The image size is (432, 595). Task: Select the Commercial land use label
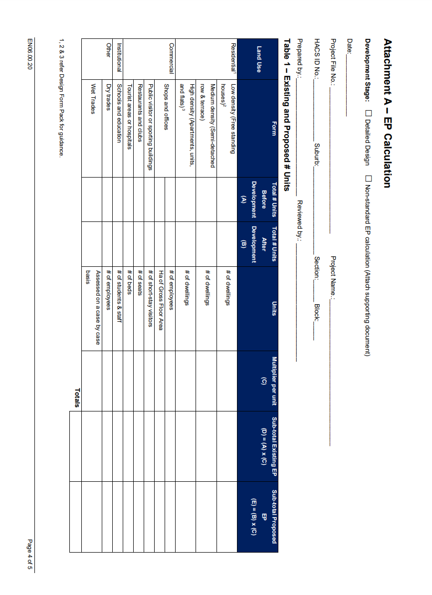[171, 58]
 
